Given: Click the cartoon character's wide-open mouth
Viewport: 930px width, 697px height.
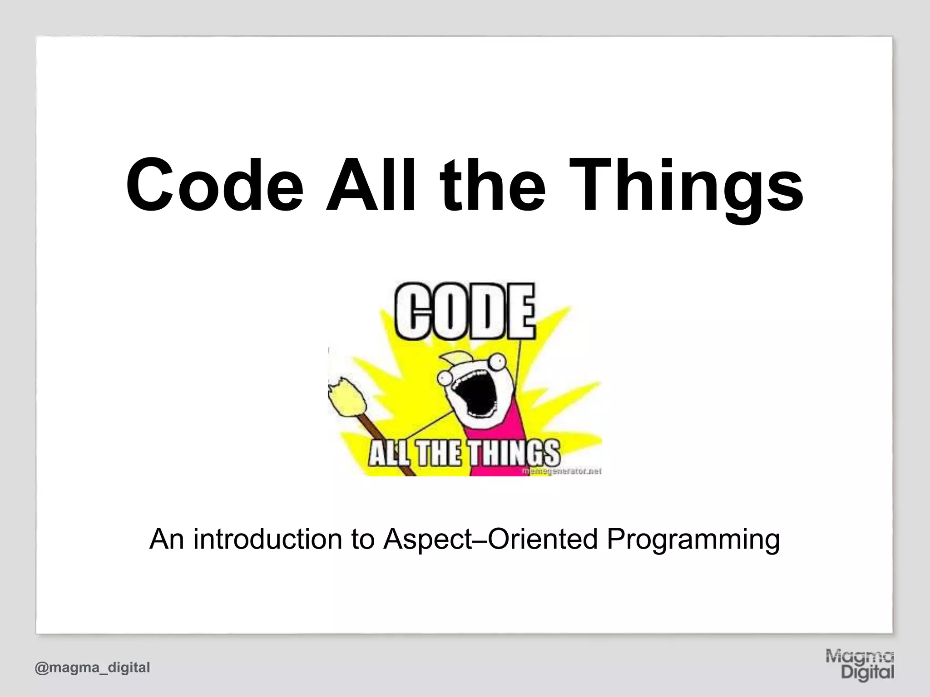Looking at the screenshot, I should pyautogui.click(x=475, y=395).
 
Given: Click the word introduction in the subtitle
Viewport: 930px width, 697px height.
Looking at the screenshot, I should pyautogui.click(x=267, y=539).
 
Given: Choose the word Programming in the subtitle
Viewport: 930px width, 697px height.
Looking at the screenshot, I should pyautogui.click(x=693, y=539).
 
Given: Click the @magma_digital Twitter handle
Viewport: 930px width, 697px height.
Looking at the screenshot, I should pyautogui.click(x=92, y=667).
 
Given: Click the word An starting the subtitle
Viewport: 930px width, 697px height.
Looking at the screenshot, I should pyautogui.click(x=166, y=539).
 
